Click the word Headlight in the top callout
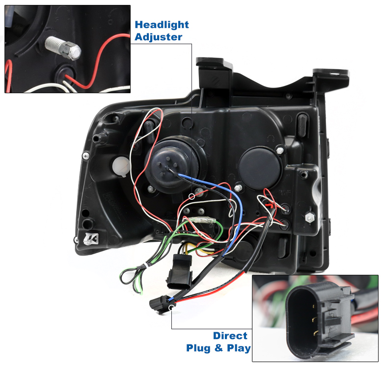coord(162,25)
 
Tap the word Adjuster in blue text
coord(158,37)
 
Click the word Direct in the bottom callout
coord(230,336)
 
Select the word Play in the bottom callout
coord(239,348)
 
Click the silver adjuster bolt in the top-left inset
coord(63,48)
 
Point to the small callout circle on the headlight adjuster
coord(192,196)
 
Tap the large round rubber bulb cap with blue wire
coord(168,165)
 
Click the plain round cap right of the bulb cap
coord(259,168)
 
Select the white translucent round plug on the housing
coord(121,166)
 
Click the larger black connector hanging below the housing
coord(180,271)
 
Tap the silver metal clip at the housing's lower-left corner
coord(91,238)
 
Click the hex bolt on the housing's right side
coord(310,216)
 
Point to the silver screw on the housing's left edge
coord(86,156)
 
